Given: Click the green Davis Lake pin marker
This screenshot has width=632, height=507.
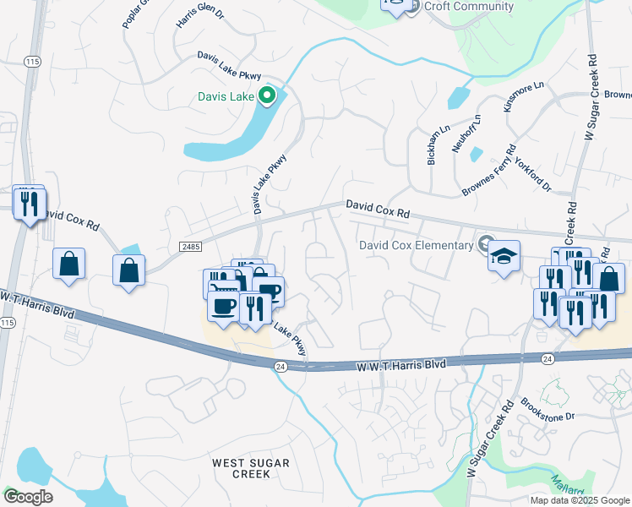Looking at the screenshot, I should (268, 96).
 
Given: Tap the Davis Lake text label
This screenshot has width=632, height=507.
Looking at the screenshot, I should (226, 96).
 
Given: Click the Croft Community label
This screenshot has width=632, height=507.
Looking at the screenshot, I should (469, 7).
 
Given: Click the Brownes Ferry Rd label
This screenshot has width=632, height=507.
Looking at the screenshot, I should (489, 172).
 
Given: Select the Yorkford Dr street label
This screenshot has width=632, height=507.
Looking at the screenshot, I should (536, 176).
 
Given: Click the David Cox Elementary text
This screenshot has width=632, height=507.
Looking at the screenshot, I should (416, 245).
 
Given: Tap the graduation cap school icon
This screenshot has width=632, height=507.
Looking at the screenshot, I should (503, 255).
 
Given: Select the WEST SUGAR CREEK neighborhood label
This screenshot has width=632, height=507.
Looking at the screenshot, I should (251, 468).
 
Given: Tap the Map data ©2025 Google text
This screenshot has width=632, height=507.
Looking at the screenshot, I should (580, 500).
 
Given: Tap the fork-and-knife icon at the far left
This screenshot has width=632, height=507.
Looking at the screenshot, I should (29, 204).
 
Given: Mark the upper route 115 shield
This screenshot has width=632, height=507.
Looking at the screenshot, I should (33, 62).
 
